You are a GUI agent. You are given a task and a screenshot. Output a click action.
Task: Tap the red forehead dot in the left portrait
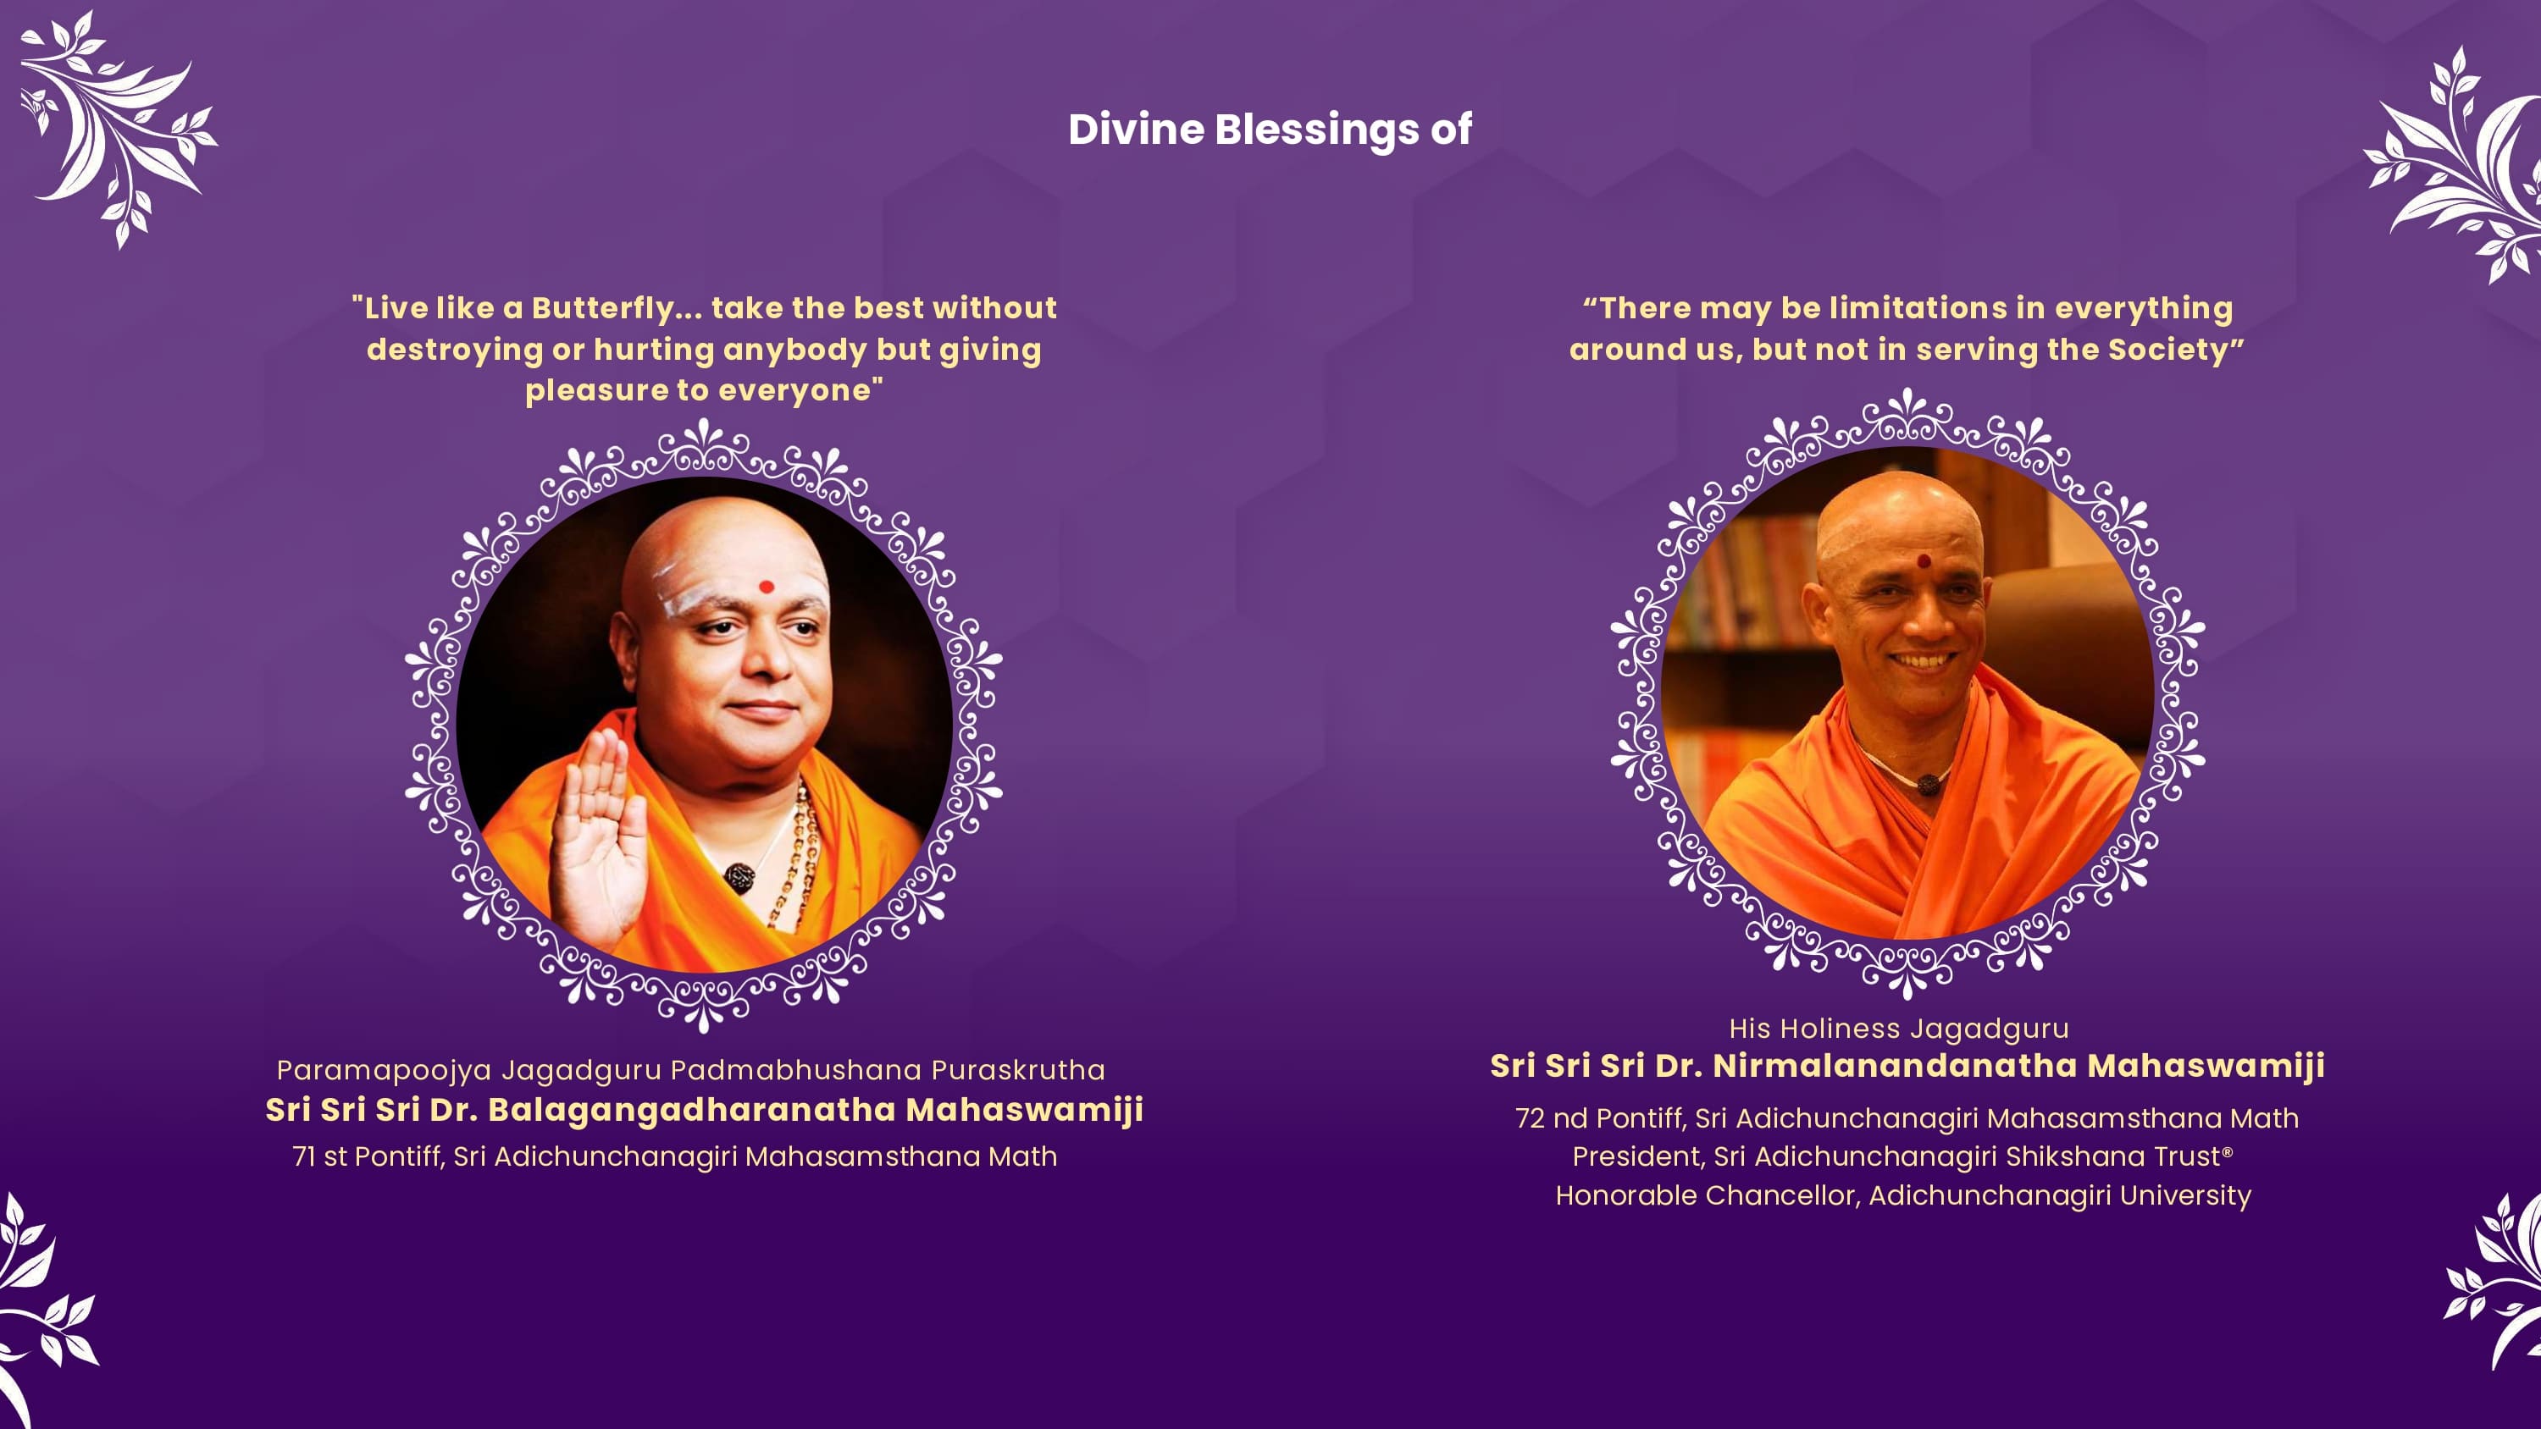tap(767, 587)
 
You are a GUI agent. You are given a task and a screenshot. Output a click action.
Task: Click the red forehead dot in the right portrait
tap(1924, 561)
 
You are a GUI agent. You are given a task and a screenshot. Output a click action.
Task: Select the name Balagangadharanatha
tap(691, 1111)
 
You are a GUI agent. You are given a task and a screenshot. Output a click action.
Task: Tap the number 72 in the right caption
tap(1530, 1118)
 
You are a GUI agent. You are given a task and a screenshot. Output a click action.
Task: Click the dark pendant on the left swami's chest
tap(739, 875)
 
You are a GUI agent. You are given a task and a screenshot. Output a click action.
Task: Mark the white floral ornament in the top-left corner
tap(115, 128)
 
